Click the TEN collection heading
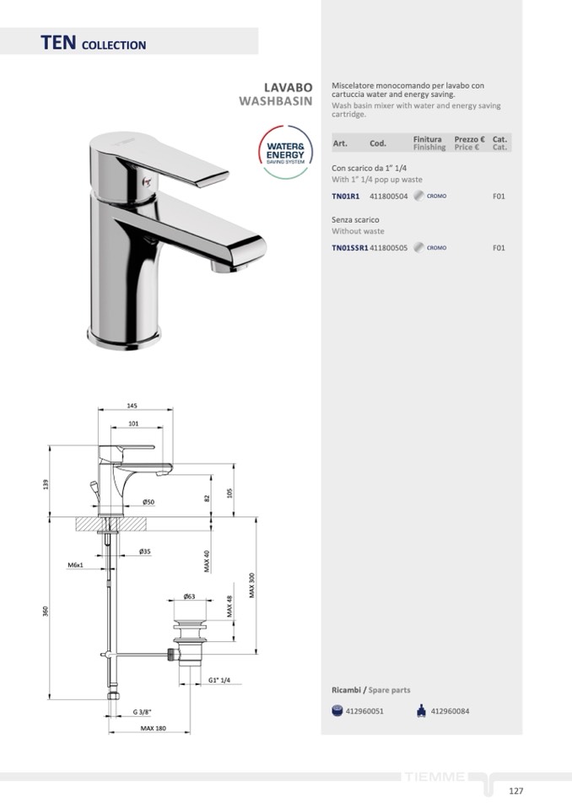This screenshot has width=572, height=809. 94,43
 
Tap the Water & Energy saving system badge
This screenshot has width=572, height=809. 285,152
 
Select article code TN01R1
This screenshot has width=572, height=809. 346,196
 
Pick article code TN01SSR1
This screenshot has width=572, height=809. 350,248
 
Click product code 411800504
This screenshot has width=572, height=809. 388,196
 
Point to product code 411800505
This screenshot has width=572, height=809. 388,248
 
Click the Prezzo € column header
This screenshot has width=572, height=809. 469,139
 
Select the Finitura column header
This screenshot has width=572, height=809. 427,139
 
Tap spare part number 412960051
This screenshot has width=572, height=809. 364,711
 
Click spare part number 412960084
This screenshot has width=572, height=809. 450,711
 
